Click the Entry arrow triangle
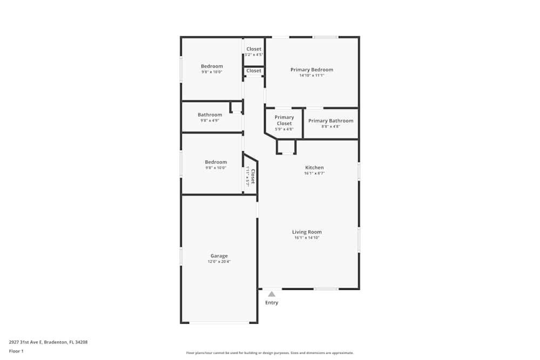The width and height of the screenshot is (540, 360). click(272, 294)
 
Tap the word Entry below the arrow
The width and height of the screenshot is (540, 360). click(272, 303)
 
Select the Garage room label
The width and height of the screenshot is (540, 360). click(219, 256)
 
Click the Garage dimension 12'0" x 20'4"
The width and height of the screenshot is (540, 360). click(219, 262)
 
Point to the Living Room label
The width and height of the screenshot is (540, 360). click(307, 232)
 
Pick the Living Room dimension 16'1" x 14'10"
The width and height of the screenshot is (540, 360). click(307, 237)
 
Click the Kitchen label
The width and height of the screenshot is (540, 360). click(314, 168)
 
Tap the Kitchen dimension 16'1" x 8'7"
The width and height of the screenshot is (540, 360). click(314, 173)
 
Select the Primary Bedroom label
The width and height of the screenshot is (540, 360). click(312, 70)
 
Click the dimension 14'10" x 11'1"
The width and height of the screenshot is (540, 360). click(312, 75)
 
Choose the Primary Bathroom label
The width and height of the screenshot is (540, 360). click(330, 121)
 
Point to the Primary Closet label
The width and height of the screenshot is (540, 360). click(284, 120)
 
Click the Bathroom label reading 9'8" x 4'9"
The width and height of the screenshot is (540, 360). click(210, 114)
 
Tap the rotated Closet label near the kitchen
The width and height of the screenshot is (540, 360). click(253, 176)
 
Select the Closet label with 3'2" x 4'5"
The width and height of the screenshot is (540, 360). click(254, 49)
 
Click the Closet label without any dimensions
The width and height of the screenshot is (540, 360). click(254, 71)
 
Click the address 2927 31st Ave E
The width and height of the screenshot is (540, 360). click(25, 342)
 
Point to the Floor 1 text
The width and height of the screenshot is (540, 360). click(16, 351)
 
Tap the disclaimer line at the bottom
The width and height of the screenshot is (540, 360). click(270, 353)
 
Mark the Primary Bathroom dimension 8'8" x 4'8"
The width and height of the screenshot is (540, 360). click(330, 126)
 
